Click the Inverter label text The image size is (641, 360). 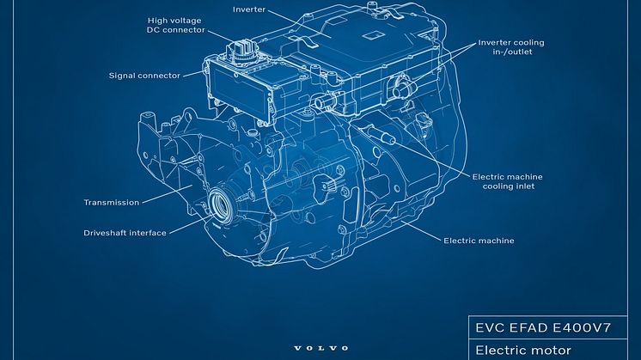pyautogui.click(x=249, y=9)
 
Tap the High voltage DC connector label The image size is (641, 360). pyautogui.click(x=176, y=25)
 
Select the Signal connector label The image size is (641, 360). pyautogui.click(x=144, y=76)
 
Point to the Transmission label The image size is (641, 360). pyautogui.click(x=112, y=202)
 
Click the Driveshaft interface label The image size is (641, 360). pyautogui.click(x=125, y=233)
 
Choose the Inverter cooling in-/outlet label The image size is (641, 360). pyautogui.click(x=511, y=47)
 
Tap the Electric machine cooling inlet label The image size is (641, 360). pyautogui.click(x=508, y=181)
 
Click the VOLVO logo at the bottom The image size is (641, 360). pyautogui.click(x=320, y=348)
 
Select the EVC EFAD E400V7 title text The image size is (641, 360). pyautogui.click(x=543, y=327)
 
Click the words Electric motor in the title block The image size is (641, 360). pyautogui.click(x=523, y=351)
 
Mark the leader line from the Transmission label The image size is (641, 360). pyautogui.click(x=167, y=193)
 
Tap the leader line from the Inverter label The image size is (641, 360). pyautogui.click(x=299, y=23)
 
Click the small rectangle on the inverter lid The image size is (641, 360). pyautogui.click(x=372, y=36)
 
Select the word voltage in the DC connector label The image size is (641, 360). pyautogui.click(x=186, y=21)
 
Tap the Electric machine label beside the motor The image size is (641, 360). pyautogui.click(x=479, y=241)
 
